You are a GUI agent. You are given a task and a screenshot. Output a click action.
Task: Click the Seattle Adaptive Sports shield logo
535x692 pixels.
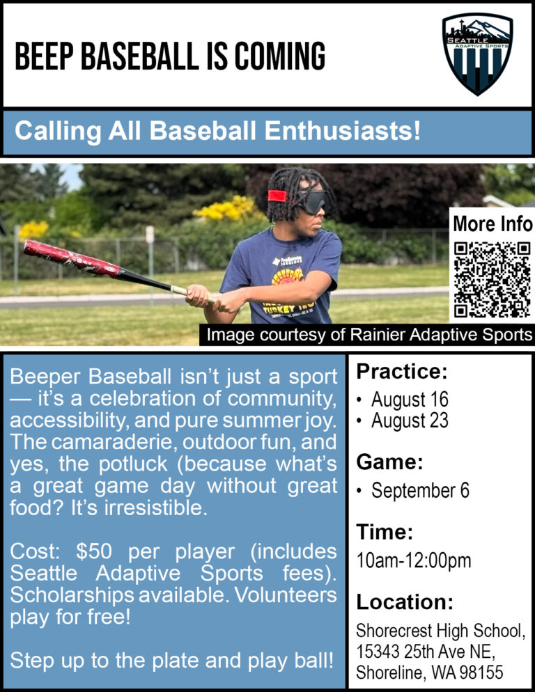[477, 54]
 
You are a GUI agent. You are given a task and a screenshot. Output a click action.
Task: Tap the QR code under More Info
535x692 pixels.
[492, 279]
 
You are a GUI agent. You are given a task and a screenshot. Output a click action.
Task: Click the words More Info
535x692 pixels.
[492, 224]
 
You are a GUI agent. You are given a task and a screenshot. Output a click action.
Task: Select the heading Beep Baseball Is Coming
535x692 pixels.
[170, 56]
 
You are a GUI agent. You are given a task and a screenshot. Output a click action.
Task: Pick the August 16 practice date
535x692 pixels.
[410, 400]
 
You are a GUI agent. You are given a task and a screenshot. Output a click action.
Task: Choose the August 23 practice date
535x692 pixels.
[410, 420]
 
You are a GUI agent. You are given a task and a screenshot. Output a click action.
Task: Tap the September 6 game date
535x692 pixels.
[420, 490]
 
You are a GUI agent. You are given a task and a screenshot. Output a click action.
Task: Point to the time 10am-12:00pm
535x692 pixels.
[414, 560]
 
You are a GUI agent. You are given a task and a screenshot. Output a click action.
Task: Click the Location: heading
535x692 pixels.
[405, 601]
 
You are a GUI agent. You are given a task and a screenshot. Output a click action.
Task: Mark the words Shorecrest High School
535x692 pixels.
[439, 631]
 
